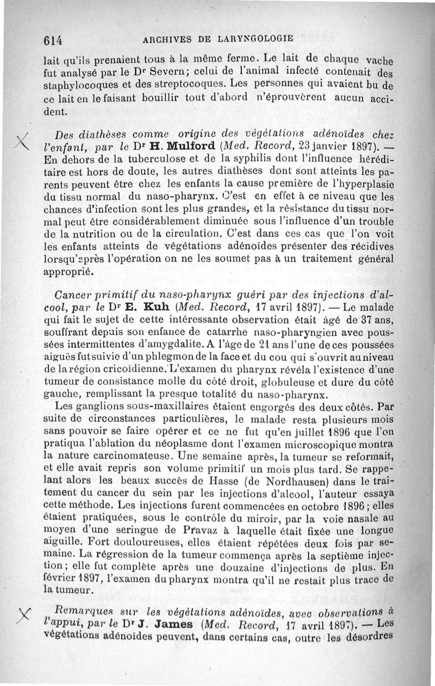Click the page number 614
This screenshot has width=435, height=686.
coord(54,40)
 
